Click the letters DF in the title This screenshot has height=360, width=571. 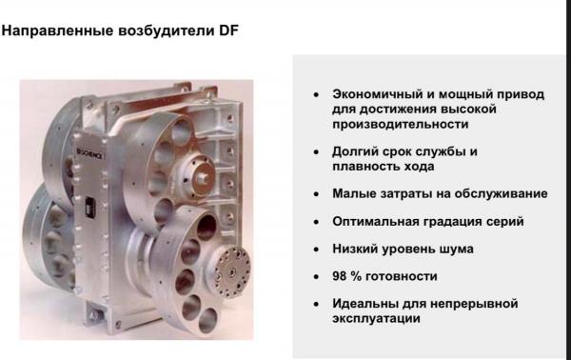[228, 30]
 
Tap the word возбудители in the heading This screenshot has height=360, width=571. [167, 31]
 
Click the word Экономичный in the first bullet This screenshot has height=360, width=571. [377, 94]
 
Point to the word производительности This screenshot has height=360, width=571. [401, 125]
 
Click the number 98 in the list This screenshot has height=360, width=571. [340, 276]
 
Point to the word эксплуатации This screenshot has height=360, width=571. [376, 319]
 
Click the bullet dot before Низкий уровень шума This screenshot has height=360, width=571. [316, 250]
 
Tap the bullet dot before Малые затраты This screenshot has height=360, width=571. [316, 194]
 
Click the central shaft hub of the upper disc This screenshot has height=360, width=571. [200, 176]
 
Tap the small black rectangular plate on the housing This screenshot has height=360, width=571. [89, 209]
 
